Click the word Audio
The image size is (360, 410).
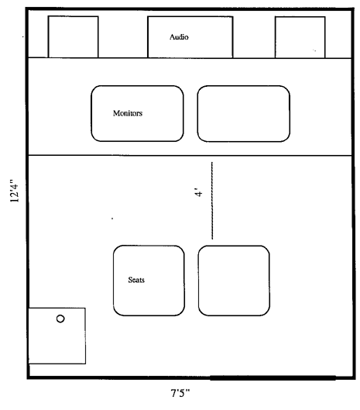click(x=179, y=37)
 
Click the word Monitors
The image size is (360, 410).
click(x=128, y=113)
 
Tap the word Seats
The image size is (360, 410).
click(x=136, y=280)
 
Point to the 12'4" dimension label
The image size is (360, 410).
click(x=15, y=191)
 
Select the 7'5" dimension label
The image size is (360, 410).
click(x=180, y=393)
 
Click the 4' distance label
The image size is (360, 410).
click(x=199, y=192)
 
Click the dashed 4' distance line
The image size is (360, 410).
click(x=212, y=201)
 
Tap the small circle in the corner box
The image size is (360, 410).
click(x=60, y=319)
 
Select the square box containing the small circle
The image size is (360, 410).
click(x=57, y=336)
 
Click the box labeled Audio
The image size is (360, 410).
click(x=190, y=37)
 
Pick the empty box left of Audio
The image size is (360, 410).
click(x=73, y=36)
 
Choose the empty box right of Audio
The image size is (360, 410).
click(x=300, y=37)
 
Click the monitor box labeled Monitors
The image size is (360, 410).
click(x=137, y=113)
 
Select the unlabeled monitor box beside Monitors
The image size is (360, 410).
click(x=243, y=114)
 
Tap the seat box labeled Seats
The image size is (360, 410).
click(x=149, y=281)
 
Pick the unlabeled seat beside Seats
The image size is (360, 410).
click(x=234, y=281)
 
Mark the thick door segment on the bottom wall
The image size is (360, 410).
click(x=273, y=377)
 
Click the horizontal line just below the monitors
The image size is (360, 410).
click(x=190, y=156)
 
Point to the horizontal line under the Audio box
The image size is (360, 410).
click(x=190, y=58)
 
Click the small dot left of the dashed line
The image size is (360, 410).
click(x=112, y=219)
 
